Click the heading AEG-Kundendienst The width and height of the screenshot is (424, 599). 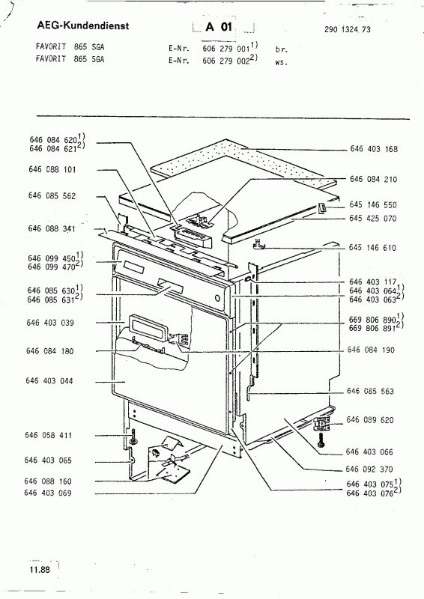point(83,25)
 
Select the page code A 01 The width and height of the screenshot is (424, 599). point(219,27)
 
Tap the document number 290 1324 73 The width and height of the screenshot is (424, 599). point(347,29)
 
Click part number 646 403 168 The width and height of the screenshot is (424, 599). point(374,148)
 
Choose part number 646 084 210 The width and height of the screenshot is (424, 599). point(374,179)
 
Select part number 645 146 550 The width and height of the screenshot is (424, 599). point(373,204)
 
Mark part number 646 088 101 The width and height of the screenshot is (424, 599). point(52,169)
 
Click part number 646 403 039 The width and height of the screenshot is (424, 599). point(50,323)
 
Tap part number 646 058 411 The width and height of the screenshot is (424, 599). point(48,435)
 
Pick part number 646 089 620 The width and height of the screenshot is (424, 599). point(370,420)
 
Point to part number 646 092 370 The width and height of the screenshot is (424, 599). point(369,469)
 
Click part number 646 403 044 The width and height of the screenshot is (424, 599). point(49,381)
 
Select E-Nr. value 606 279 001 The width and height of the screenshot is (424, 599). point(226,49)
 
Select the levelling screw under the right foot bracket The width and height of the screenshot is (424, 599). point(321,440)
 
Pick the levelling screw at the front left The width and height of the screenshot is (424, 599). point(133,437)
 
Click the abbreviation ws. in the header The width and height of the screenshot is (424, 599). point(281,62)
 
